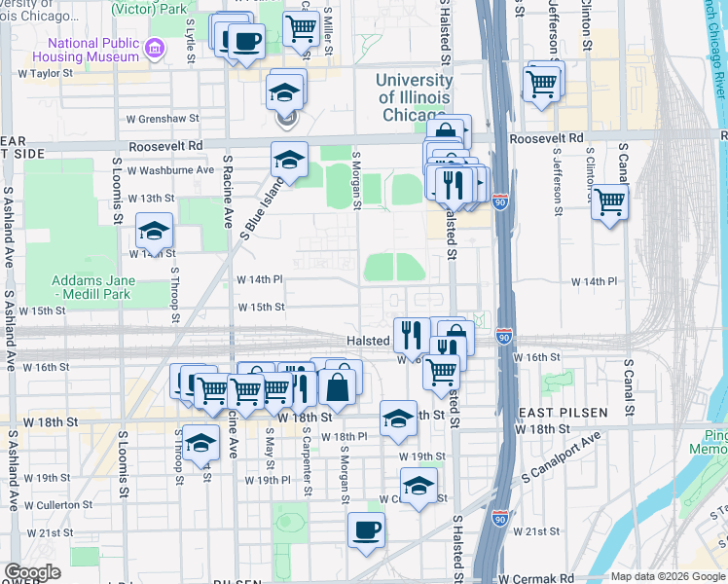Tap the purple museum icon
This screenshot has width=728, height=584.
pos(154,48)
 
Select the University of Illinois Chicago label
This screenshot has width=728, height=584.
pos(415,96)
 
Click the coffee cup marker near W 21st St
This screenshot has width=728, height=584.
pos(367,530)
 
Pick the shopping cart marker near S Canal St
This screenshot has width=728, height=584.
pos(609,202)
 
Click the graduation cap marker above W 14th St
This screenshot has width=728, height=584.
pos(154,231)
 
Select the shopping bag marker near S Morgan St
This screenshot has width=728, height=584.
pos(337,385)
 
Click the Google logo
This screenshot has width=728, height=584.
pos(32,572)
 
